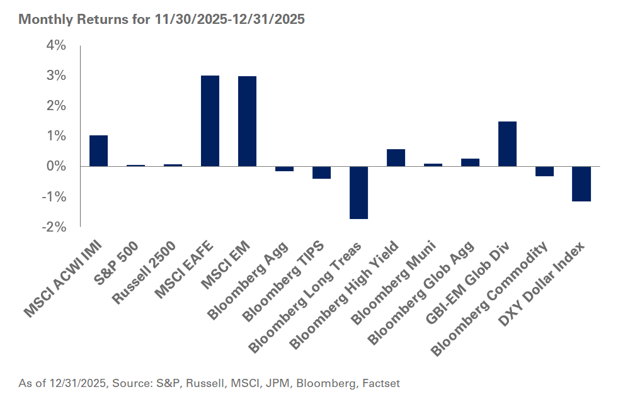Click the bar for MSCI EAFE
pos(210,121)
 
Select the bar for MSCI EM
pos(247,121)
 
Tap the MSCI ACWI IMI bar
pos(98,151)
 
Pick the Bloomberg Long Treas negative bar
pos(358,193)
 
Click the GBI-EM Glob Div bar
pos(507,144)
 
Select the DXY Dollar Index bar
pos(581,184)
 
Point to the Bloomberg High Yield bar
pos(396,158)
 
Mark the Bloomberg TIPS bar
pos(321,172)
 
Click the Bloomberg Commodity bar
pos(544,171)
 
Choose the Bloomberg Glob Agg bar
pos(470,162)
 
